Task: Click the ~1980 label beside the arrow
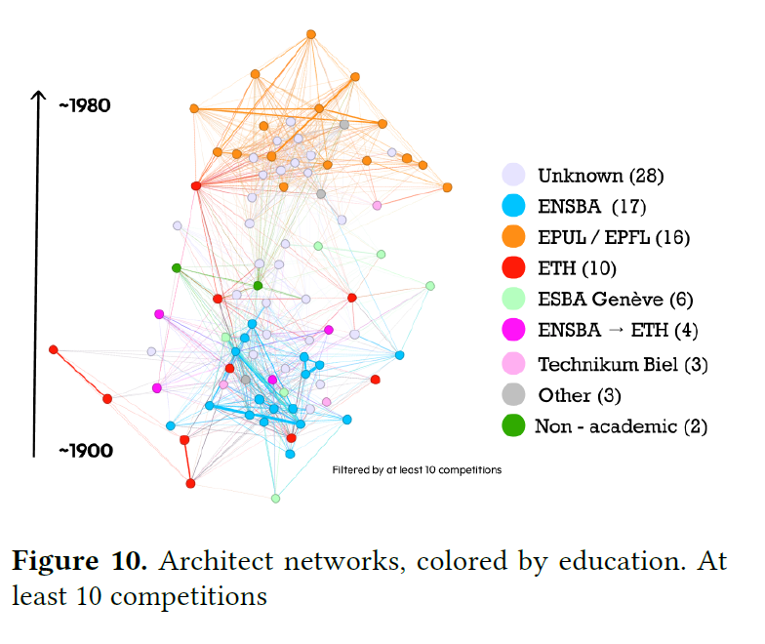coord(84,105)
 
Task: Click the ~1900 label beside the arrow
coord(85,451)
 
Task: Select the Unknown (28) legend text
coord(600,177)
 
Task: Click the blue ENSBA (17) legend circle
coord(514,206)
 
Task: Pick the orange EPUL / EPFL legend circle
coord(514,237)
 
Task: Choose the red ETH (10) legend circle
coord(514,267)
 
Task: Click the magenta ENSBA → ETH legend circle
coord(514,330)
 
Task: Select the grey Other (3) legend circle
coord(514,395)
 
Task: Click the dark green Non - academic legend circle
coord(514,426)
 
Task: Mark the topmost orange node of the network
coord(311,34)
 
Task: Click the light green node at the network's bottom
coord(275,499)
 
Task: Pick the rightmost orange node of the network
coord(447,187)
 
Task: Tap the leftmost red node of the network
coord(54,349)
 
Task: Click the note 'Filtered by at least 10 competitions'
coord(417,470)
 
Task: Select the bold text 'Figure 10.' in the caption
coord(79,563)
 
